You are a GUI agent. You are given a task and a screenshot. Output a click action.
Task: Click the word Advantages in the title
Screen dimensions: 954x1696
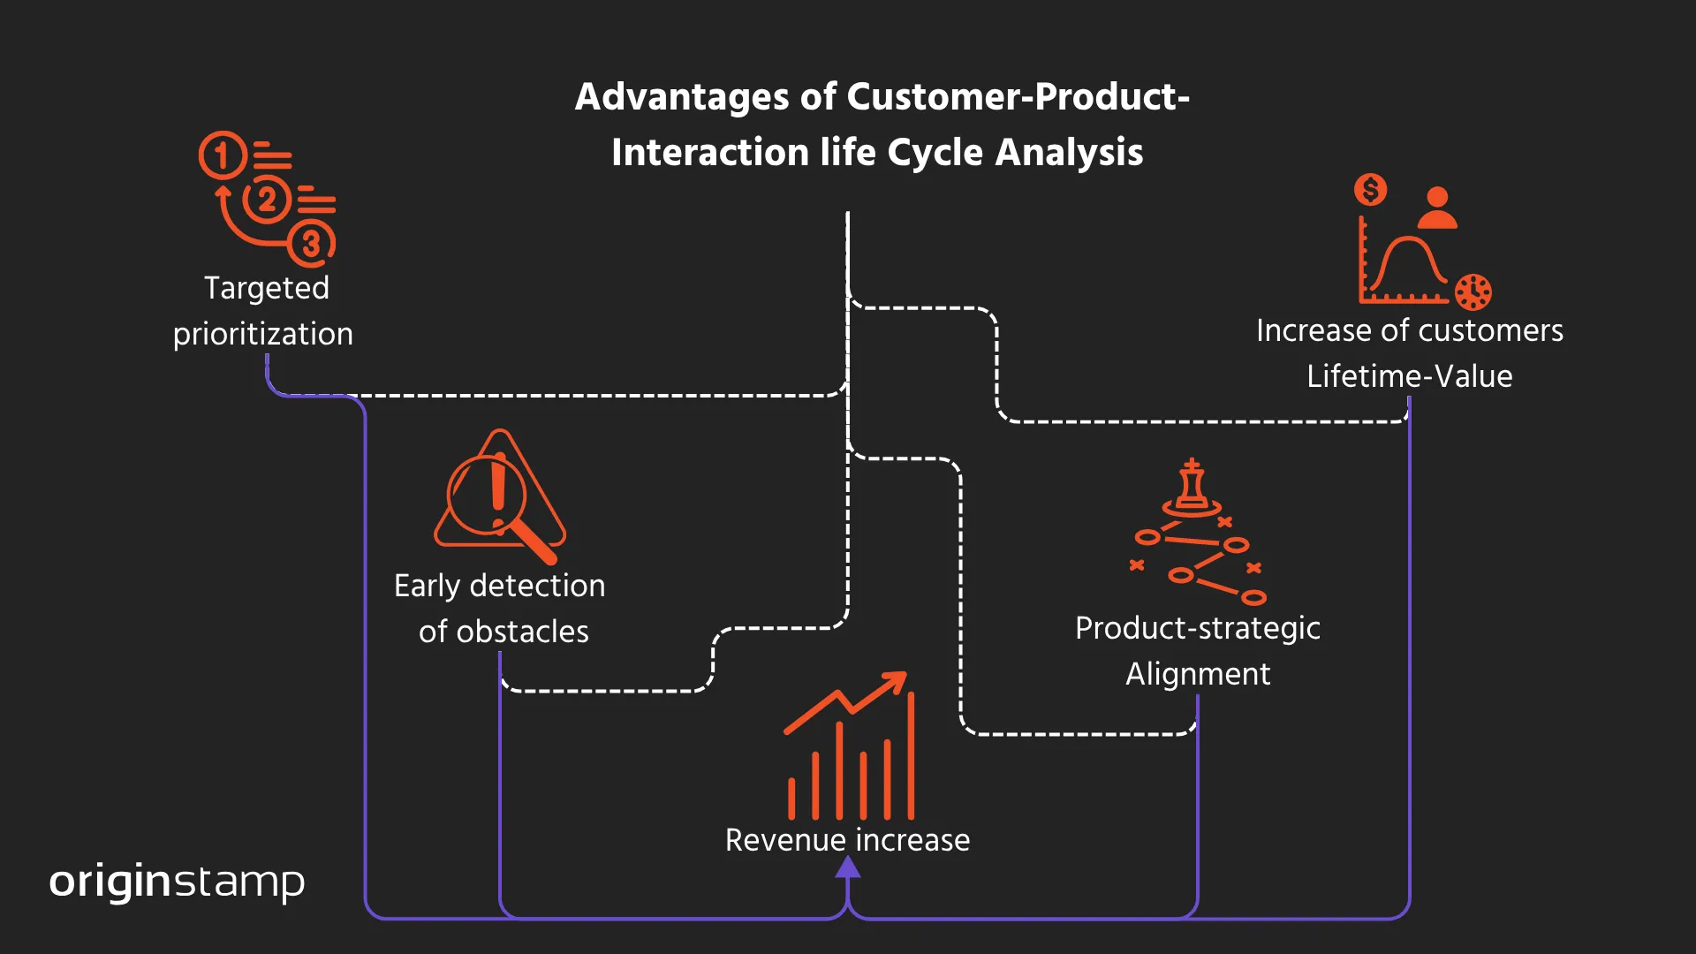tap(681, 97)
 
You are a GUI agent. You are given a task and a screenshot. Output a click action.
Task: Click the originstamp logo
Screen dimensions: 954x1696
tap(177, 882)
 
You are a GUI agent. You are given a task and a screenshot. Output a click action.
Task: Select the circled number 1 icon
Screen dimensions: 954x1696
tap(221, 155)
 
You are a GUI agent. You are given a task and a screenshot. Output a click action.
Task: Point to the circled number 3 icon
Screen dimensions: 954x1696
tap(311, 243)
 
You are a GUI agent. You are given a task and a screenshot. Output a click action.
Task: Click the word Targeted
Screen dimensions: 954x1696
tap(266, 288)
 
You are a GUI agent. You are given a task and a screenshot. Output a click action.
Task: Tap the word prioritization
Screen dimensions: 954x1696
tap(263, 334)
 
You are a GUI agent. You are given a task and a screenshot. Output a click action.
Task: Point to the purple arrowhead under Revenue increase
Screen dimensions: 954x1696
tap(848, 867)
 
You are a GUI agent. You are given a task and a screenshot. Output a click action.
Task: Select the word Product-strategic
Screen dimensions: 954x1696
tap(1197, 628)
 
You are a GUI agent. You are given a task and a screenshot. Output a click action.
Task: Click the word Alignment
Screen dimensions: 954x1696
tap(1197, 674)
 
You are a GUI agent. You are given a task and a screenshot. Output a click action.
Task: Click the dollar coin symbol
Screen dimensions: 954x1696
tap(1370, 189)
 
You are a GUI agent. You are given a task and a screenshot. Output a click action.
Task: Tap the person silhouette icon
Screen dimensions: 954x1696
tap(1437, 208)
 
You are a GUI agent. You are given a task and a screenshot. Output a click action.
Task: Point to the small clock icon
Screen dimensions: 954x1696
tap(1473, 291)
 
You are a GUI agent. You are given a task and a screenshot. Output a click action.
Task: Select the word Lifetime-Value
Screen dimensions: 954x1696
tap(1409, 376)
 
